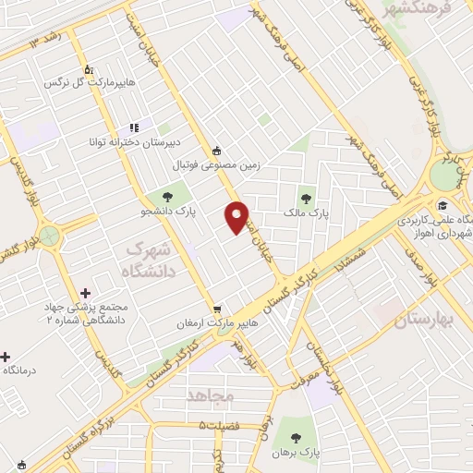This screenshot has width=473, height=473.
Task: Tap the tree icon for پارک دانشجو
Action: (x=167, y=195)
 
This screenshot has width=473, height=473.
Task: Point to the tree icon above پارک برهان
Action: (x=296, y=437)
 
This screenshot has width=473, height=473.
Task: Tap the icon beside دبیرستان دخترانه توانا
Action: (x=134, y=127)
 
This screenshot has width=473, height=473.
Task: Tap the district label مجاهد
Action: (x=211, y=394)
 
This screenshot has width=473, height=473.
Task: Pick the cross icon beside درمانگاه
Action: (x=5, y=356)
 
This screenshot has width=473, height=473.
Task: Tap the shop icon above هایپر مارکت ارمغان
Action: (x=216, y=309)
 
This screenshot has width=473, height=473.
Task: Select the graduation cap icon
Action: (x=443, y=205)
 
